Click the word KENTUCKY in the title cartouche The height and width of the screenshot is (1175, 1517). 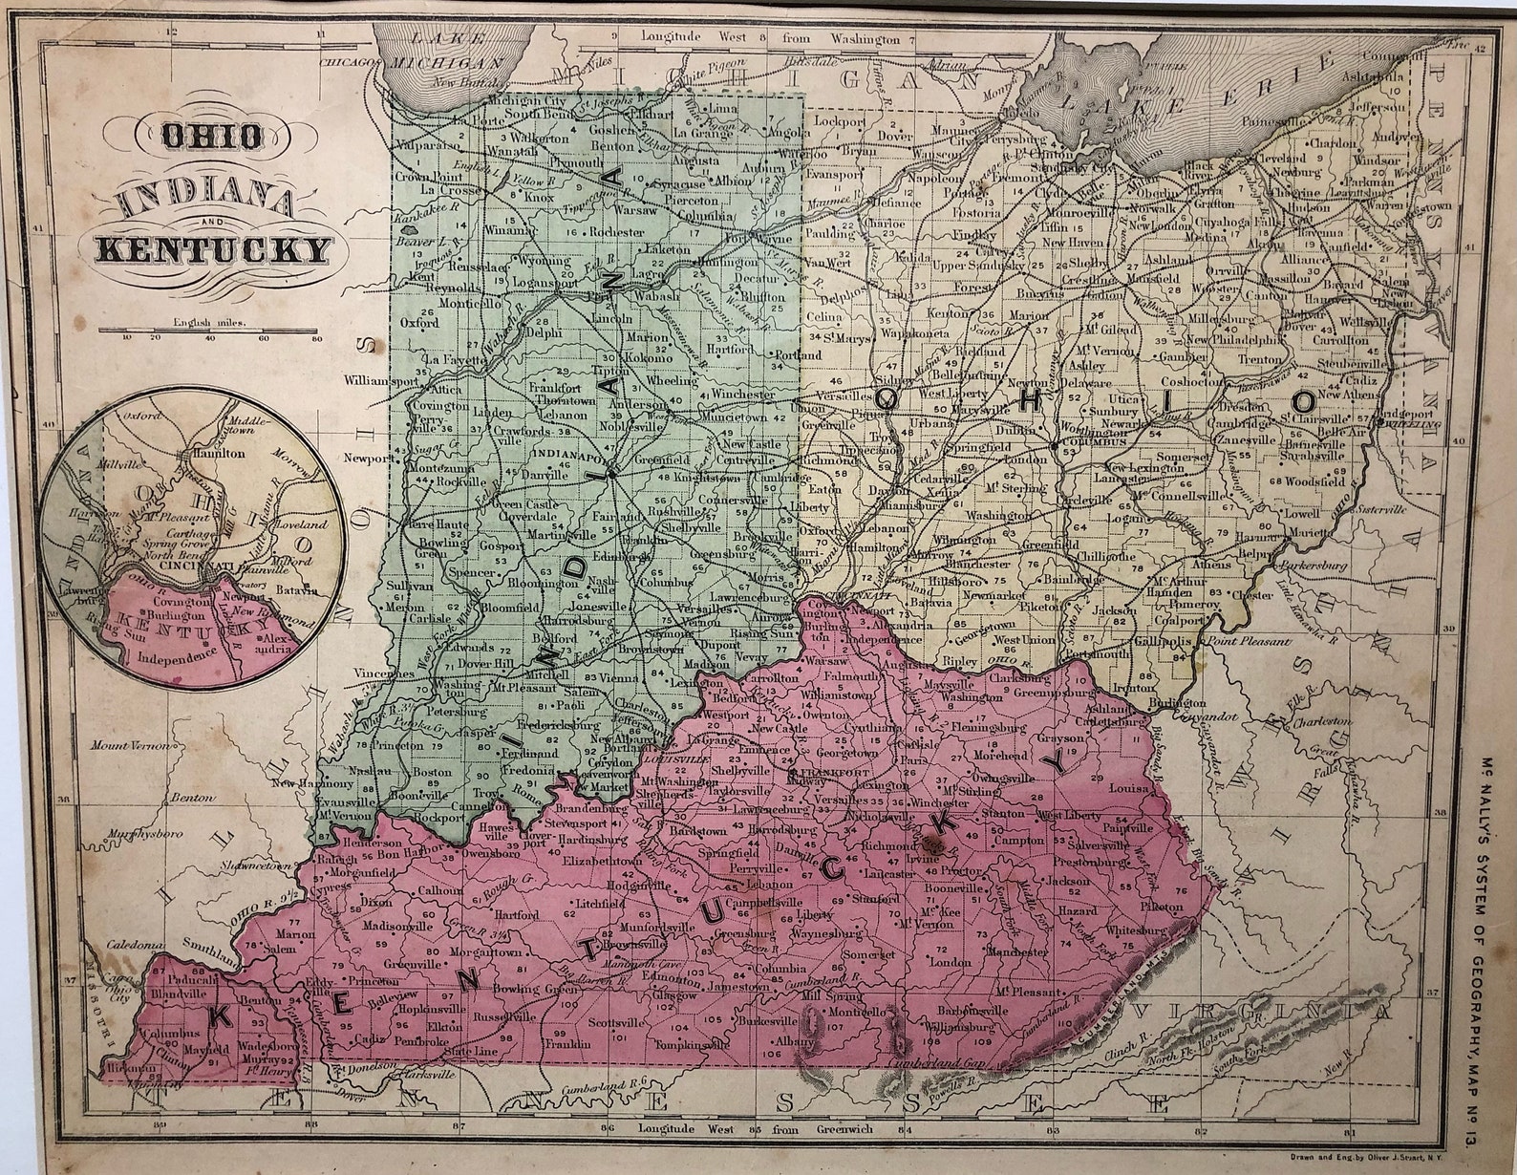point(211,250)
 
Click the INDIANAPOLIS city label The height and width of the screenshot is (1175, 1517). point(579,455)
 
